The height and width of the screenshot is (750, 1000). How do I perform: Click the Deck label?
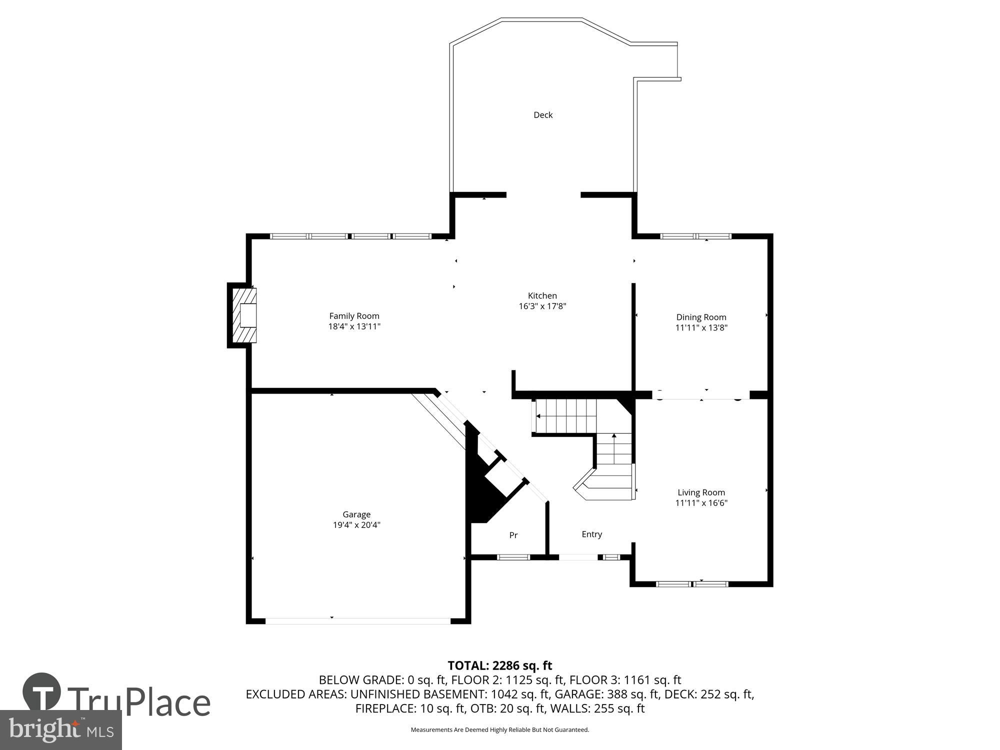point(543,115)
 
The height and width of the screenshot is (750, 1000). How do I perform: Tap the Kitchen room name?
point(542,295)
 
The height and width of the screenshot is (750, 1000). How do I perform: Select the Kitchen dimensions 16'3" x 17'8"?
point(542,306)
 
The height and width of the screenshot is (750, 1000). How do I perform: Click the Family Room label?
point(354,316)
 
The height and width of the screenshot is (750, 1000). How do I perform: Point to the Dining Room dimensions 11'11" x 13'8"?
point(701,328)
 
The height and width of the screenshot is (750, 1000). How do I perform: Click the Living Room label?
point(701,492)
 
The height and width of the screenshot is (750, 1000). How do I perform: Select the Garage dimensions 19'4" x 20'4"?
point(356,525)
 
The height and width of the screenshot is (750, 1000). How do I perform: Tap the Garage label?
point(356,514)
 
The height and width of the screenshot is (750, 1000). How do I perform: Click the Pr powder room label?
point(513,535)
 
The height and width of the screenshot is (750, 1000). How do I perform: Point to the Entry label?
point(591,534)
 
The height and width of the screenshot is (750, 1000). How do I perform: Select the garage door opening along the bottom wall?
point(357,621)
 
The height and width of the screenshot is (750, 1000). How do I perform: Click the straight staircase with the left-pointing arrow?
point(565,416)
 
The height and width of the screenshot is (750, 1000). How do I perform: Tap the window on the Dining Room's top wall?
point(695,236)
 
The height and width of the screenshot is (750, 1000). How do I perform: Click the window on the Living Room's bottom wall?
point(691,583)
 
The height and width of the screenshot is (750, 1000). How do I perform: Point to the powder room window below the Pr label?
point(513,557)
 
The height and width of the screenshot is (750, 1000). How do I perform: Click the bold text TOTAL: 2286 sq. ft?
point(499,665)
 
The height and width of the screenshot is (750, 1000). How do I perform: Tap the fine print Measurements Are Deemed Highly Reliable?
point(499,730)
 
